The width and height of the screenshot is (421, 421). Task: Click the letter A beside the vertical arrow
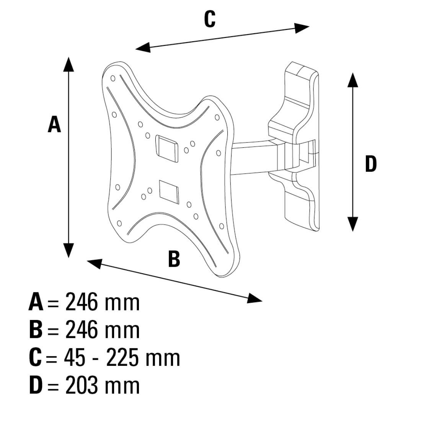[x=54, y=125]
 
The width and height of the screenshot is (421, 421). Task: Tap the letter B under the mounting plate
[x=174, y=259]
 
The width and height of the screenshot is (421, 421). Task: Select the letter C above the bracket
[x=209, y=19]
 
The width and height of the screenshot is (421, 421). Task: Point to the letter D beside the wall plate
[x=370, y=164]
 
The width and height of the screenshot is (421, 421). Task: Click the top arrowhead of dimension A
[x=69, y=64]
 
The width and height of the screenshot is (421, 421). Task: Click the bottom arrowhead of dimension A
[x=69, y=251]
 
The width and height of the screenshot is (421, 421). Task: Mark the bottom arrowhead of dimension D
[x=352, y=224]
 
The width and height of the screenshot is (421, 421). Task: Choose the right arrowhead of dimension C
[x=302, y=28]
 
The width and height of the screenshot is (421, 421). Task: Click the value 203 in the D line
[x=81, y=386]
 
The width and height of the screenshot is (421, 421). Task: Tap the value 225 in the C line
[x=122, y=358]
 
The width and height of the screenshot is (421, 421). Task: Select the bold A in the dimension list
[x=36, y=302]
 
